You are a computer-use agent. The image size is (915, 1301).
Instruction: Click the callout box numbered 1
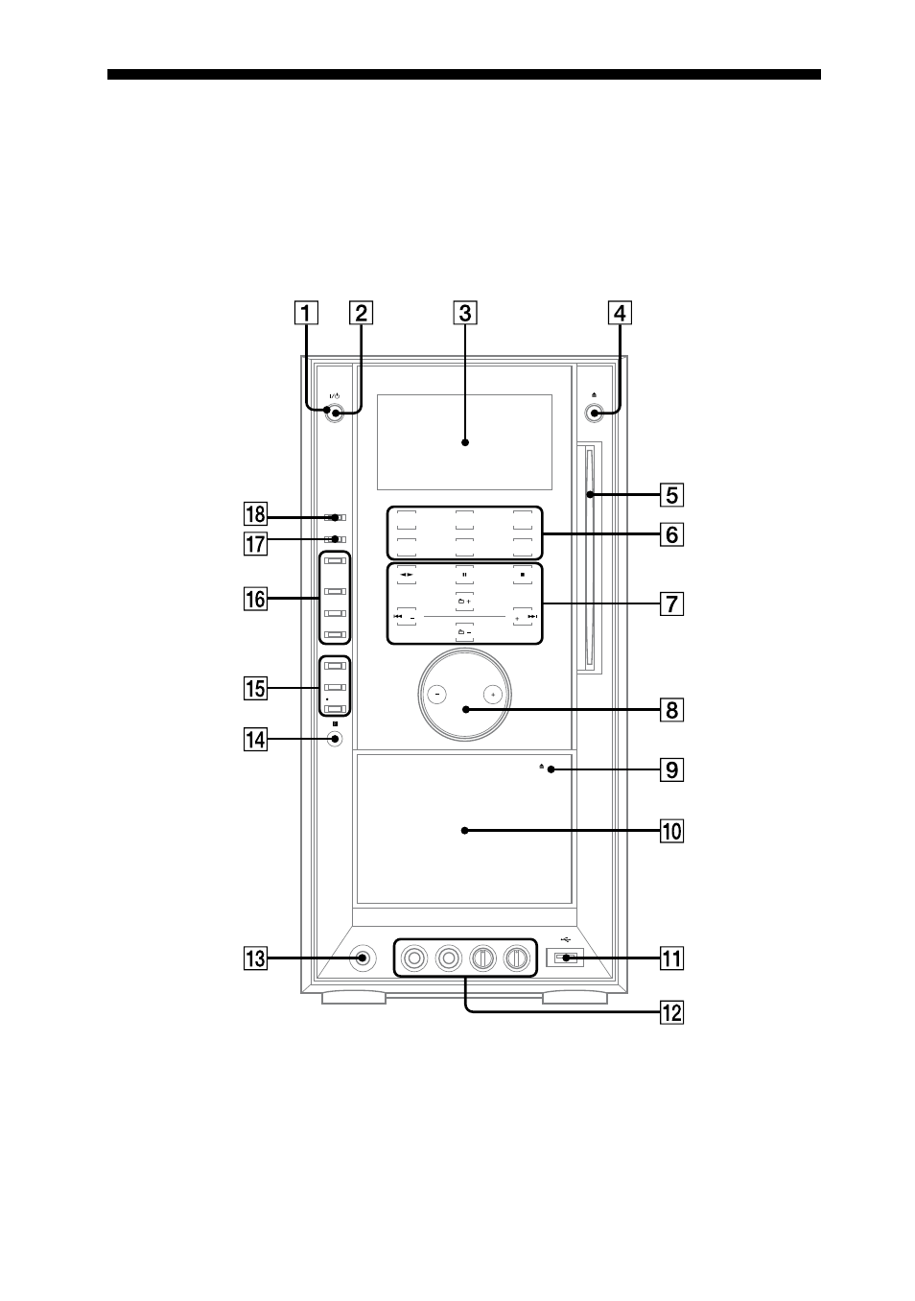point(306,313)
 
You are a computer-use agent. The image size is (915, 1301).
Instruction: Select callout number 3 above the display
point(464,313)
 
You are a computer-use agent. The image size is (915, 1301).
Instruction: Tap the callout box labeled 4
point(620,313)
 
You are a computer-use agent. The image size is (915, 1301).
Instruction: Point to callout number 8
point(671,710)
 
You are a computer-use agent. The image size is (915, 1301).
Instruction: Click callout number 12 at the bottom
point(671,1013)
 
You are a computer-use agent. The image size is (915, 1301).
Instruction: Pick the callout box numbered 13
point(255,958)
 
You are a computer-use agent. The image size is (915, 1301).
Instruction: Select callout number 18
point(255,514)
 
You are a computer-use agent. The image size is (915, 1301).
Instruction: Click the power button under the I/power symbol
point(335,413)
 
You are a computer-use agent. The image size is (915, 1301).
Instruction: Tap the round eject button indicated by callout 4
point(594,414)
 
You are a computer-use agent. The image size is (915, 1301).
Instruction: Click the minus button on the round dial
point(436,694)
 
